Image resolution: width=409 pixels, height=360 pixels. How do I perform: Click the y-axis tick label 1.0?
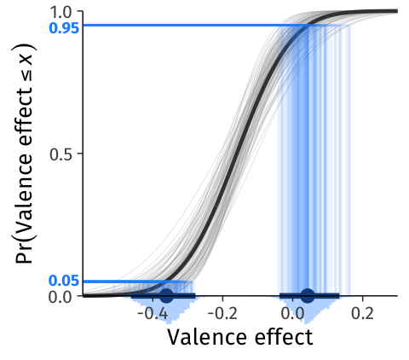point(64,13)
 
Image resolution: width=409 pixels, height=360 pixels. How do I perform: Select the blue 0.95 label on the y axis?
point(64,28)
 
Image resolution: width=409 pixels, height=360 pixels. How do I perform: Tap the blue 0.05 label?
point(64,281)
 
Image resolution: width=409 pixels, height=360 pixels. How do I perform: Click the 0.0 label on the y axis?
point(64,298)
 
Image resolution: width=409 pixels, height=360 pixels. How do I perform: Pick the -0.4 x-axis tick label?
point(153,314)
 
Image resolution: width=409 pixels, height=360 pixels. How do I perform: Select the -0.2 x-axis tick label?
point(222,314)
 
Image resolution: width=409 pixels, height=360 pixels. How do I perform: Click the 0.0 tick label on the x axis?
point(292,314)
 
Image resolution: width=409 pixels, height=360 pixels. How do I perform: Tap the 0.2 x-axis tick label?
point(362,314)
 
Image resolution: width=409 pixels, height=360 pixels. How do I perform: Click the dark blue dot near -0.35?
point(166,296)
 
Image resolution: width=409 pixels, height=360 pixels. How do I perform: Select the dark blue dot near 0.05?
point(308,296)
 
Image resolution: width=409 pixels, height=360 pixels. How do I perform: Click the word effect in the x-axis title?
point(284,336)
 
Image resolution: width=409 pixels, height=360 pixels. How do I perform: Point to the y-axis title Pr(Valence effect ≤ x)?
point(25,154)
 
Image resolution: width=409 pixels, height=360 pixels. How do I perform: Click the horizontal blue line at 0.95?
point(196,26)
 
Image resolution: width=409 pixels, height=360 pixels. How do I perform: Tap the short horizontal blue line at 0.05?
point(125,282)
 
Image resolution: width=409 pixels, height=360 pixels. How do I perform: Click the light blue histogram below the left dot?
point(168,309)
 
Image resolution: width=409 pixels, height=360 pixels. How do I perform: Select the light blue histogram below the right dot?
point(306,309)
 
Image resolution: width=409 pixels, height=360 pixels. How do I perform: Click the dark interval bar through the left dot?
point(163,296)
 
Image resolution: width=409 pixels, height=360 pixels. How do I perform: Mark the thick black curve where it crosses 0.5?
point(236,154)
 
